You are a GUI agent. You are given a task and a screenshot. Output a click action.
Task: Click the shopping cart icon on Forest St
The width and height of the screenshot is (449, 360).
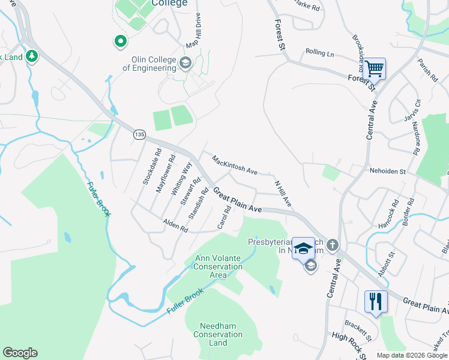(374, 69)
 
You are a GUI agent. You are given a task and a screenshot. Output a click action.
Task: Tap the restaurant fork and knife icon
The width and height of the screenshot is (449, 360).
(376, 301)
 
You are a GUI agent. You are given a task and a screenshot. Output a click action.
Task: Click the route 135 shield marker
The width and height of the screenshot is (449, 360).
(139, 135)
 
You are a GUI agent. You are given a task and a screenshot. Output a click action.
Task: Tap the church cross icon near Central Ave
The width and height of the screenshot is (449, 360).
(333, 245)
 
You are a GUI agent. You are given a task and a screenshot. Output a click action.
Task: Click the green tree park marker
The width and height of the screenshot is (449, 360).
(31, 57)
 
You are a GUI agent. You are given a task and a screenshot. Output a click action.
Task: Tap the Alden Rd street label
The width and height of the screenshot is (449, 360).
(175, 226)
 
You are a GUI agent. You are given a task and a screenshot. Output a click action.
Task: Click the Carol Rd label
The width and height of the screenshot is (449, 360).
(224, 217)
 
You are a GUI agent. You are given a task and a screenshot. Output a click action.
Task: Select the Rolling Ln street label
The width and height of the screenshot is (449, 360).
(319, 53)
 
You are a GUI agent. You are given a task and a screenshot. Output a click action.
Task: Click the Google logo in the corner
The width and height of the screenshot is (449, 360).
(20, 353)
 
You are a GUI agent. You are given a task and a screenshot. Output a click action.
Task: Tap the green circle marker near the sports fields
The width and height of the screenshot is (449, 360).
(120, 41)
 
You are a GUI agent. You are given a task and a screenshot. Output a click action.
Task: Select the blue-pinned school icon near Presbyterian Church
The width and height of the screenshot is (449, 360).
(304, 249)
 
